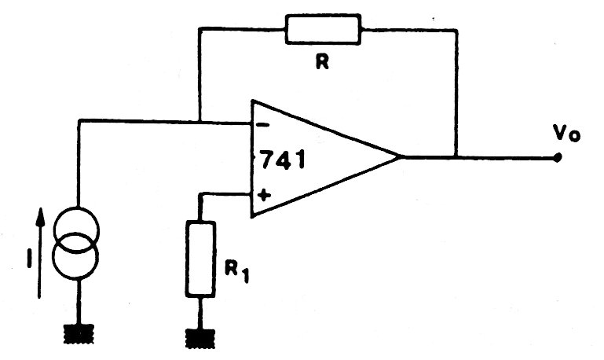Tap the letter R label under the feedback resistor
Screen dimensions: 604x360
(322, 61)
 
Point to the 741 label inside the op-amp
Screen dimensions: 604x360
(283, 160)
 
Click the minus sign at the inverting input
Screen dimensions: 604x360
(262, 125)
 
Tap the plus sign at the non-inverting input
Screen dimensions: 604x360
(263, 195)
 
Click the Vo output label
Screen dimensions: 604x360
(566, 133)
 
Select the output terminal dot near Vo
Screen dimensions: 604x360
(557, 157)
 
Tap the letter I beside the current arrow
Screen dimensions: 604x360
(29, 259)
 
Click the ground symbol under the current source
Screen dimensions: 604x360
(79, 334)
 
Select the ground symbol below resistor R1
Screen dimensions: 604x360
(200, 339)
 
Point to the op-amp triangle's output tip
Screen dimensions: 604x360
(401, 157)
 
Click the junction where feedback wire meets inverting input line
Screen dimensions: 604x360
(200, 123)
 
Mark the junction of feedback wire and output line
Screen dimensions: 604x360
(456, 157)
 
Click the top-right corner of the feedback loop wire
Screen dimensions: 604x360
(456, 30)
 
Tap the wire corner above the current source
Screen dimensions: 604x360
(79, 121)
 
